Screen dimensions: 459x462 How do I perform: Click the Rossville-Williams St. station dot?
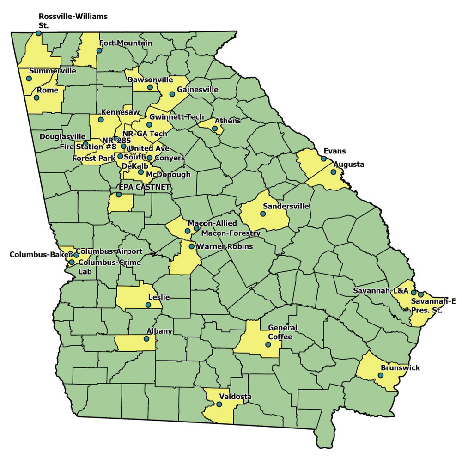[x=38, y=33]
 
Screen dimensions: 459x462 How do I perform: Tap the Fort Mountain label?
[x=126, y=43]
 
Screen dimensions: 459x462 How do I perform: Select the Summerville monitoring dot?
[x=29, y=79]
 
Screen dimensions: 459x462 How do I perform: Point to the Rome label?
[x=48, y=90]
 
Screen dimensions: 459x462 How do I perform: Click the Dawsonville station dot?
[x=150, y=87]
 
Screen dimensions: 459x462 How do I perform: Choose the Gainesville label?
[x=197, y=90]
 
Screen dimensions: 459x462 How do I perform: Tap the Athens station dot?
[x=215, y=129]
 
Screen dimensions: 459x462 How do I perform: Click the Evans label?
[x=334, y=151]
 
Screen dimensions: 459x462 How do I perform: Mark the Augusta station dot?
[x=334, y=172]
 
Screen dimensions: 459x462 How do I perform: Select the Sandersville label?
[x=286, y=206]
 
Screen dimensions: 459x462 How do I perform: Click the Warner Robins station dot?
[x=192, y=246]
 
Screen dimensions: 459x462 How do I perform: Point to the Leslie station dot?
[x=148, y=305]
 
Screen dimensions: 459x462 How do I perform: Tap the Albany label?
[x=159, y=331]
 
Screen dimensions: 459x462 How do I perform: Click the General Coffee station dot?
[x=268, y=344]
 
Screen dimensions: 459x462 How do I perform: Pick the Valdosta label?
[x=235, y=397]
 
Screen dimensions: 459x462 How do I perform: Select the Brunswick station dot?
[x=380, y=375]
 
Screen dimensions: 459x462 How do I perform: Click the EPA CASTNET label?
[x=145, y=187]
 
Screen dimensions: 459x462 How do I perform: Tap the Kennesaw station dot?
[x=101, y=120]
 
